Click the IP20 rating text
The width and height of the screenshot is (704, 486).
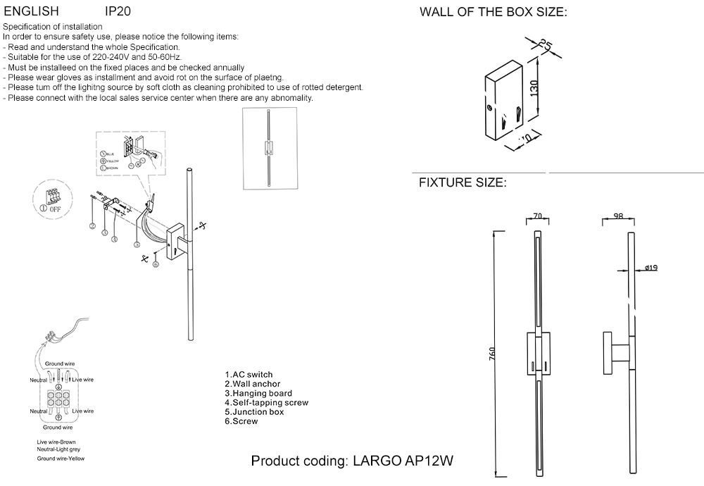[118, 12]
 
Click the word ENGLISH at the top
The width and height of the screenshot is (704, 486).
[32, 12]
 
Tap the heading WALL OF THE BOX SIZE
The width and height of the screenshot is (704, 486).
[493, 13]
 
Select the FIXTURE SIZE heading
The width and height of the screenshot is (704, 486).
[463, 182]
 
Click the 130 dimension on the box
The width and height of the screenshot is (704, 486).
[534, 89]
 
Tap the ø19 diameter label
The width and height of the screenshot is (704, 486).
[650, 268]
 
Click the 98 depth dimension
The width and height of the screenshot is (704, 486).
[618, 216]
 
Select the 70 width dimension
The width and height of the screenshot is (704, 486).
[538, 216]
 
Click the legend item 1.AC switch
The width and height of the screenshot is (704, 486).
[249, 375]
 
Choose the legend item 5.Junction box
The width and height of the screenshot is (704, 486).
[254, 412]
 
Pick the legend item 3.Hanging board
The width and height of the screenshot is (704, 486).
[258, 393]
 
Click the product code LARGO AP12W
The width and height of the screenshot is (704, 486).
[352, 461]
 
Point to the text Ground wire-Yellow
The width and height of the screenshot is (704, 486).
[61, 458]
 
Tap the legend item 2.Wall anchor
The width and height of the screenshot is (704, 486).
[252, 384]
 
